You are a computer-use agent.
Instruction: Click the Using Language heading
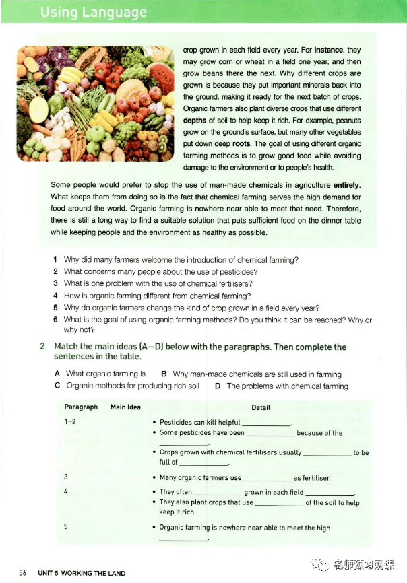(x=94, y=12)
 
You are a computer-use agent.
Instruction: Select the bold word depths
(x=196, y=120)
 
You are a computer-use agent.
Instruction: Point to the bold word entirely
(x=343, y=185)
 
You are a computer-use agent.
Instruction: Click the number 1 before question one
(x=55, y=260)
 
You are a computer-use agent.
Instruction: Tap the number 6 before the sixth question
(x=55, y=320)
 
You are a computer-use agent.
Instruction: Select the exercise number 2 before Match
(x=42, y=347)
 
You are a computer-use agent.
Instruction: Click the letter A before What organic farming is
(x=57, y=374)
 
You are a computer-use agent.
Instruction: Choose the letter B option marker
(x=164, y=374)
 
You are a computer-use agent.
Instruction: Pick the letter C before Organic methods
(x=57, y=386)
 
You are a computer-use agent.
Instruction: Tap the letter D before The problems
(x=218, y=386)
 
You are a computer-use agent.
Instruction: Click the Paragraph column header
(x=81, y=407)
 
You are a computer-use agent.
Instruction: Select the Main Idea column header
(x=125, y=407)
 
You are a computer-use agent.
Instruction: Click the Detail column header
(x=261, y=407)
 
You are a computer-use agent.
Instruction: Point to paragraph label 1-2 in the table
(x=69, y=422)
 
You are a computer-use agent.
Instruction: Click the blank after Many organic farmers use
(x=267, y=479)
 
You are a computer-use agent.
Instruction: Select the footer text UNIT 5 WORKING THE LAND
(x=82, y=573)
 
